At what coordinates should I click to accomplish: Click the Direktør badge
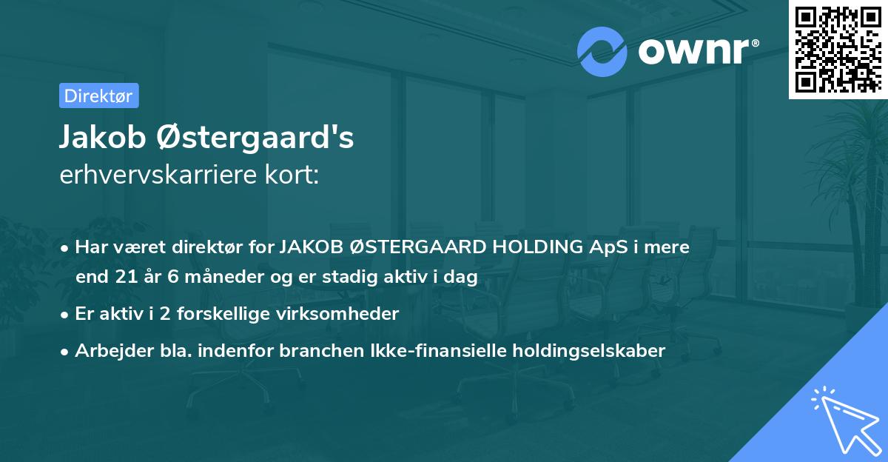(x=98, y=96)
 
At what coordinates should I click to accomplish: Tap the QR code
(x=838, y=49)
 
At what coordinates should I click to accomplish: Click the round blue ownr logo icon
(x=602, y=52)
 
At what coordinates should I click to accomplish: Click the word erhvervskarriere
(x=161, y=175)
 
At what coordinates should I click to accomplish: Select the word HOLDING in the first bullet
(x=535, y=247)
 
